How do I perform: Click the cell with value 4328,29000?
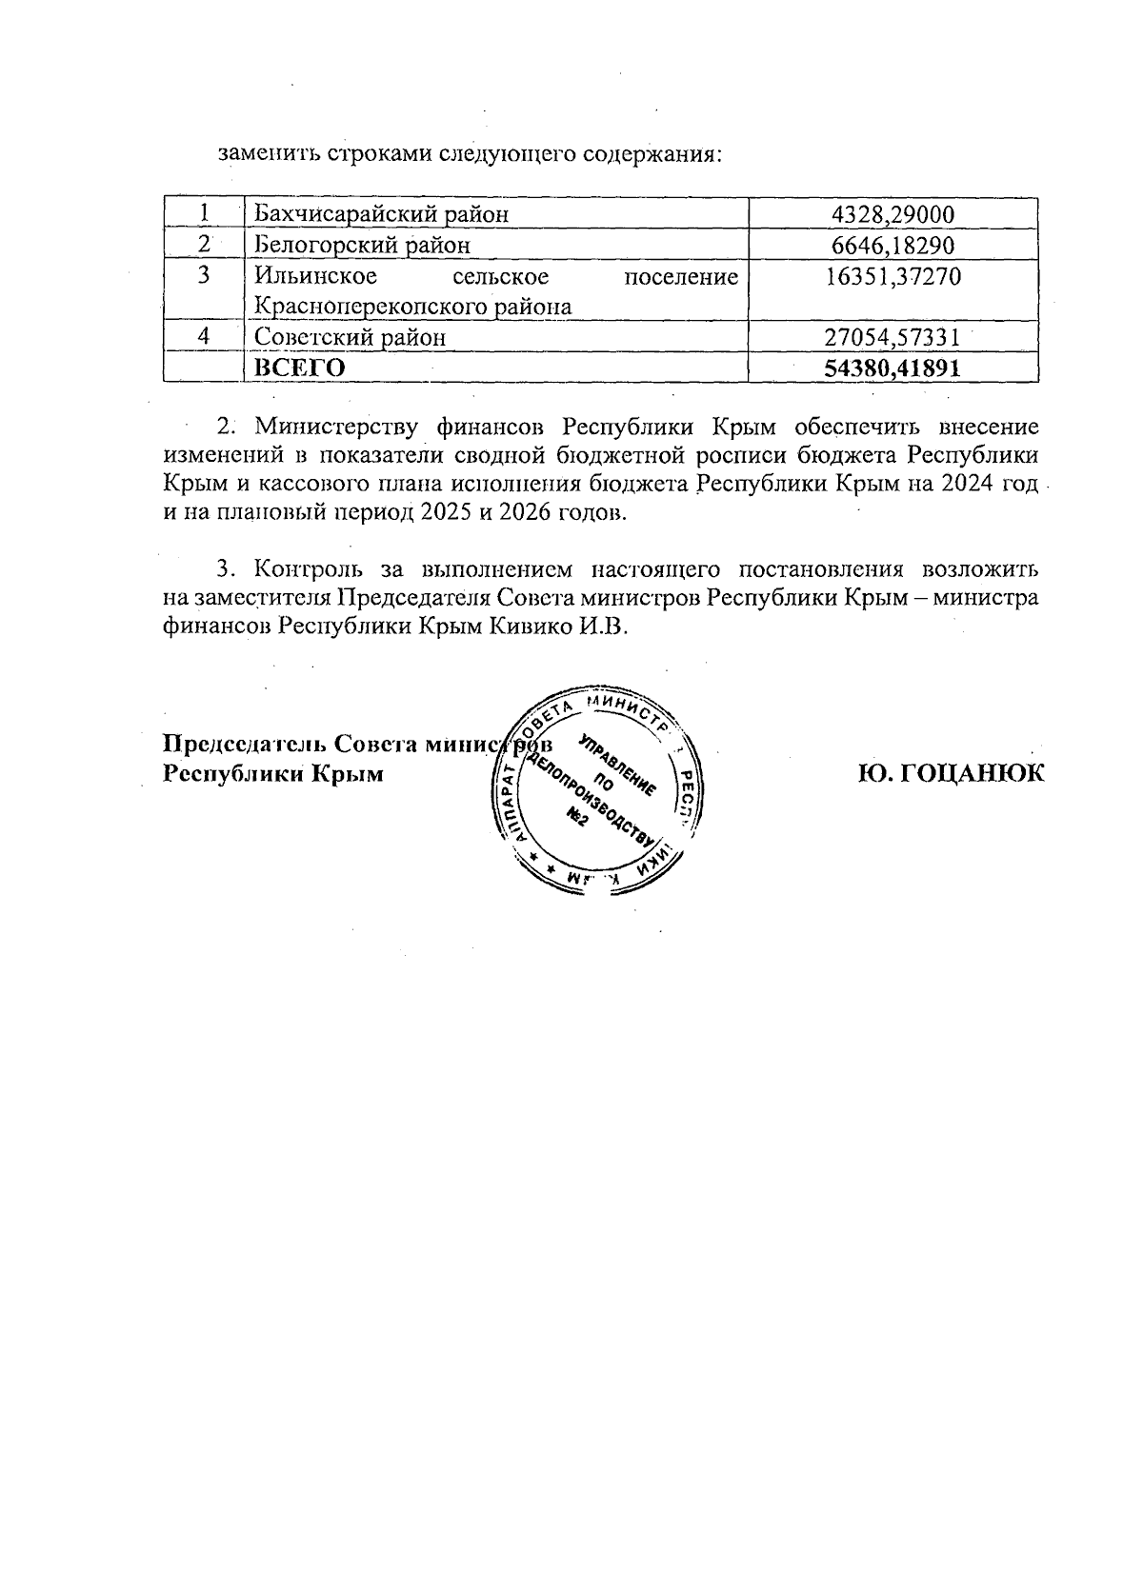[x=893, y=214]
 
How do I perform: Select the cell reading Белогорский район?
[x=363, y=246]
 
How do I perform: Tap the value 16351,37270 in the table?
[x=893, y=277]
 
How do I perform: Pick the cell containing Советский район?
[x=350, y=337]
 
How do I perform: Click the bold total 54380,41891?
[x=893, y=368]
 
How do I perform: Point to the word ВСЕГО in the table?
[x=299, y=368]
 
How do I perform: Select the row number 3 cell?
[x=203, y=277]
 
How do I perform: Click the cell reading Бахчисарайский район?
[x=381, y=214]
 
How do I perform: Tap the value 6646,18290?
[x=893, y=246]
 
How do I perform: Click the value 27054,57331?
[x=893, y=337]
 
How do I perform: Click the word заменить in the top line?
[x=260, y=152]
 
